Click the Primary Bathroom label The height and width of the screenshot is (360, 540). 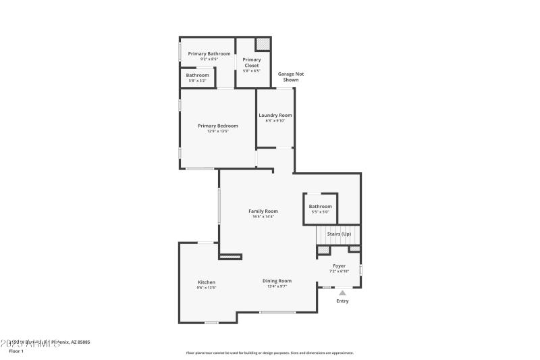click(x=209, y=53)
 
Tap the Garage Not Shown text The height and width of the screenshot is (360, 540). click(x=286, y=76)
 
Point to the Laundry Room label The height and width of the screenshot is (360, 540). click(x=275, y=115)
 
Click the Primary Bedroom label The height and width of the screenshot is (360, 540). click(x=217, y=126)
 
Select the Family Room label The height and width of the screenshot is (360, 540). click(x=263, y=211)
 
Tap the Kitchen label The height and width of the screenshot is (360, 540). click(x=207, y=282)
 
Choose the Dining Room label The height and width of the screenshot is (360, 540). click(x=277, y=280)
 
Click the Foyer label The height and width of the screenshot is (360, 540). click(x=339, y=265)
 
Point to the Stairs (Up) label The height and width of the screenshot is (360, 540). click(x=339, y=234)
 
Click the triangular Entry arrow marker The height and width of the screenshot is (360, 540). click(x=342, y=292)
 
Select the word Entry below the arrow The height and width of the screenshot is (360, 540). click(x=342, y=301)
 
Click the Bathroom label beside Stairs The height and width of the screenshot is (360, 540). click(x=320, y=206)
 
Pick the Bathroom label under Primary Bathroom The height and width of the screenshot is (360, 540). click(x=198, y=75)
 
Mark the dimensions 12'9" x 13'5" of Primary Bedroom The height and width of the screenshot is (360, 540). click(x=217, y=131)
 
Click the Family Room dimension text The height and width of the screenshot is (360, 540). click(x=263, y=216)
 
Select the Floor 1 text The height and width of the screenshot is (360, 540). click(x=16, y=351)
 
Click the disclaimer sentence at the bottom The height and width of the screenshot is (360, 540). click(x=269, y=353)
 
